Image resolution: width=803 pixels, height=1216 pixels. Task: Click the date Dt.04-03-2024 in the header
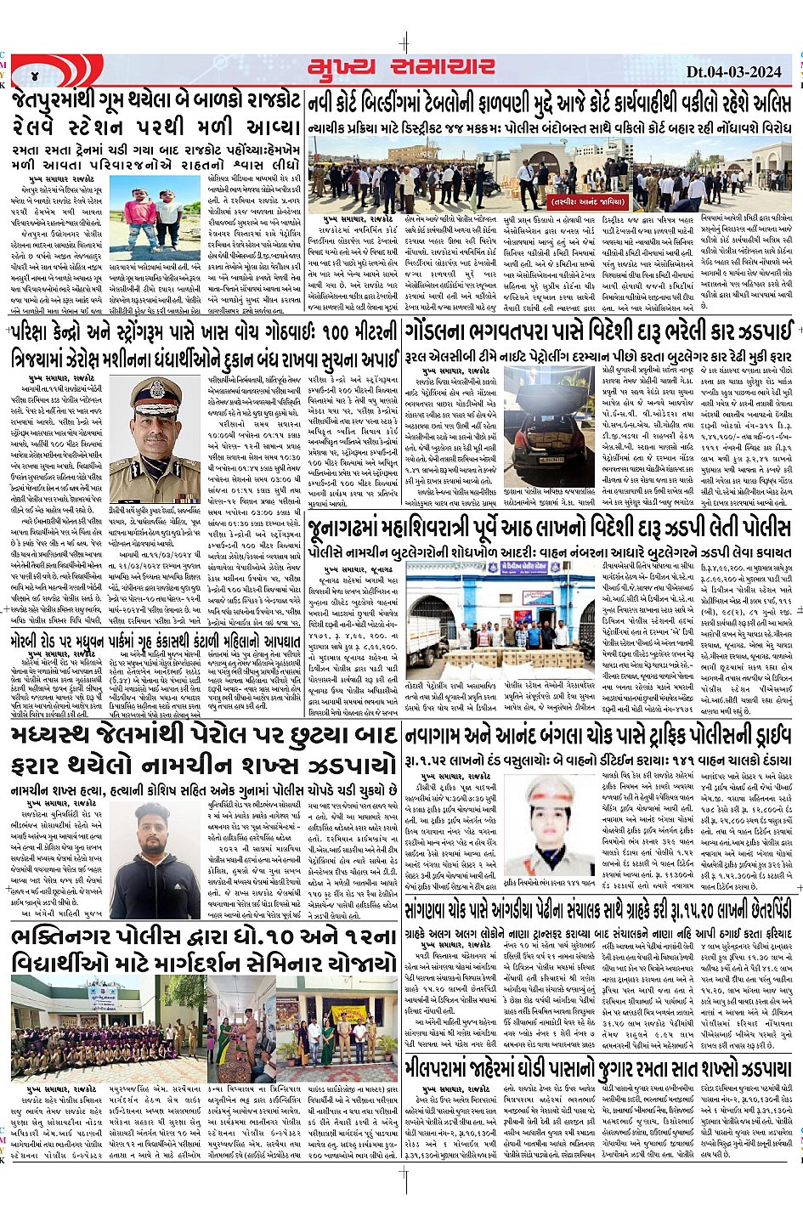(x=733, y=71)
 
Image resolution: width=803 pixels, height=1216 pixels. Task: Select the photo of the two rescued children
(x=156, y=218)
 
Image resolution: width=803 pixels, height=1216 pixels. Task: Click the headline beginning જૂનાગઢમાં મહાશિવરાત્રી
(x=548, y=528)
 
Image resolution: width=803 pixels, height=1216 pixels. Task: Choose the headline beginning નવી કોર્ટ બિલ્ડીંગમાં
(x=548, y=103)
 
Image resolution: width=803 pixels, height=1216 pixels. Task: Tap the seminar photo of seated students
(x=64, y=1024)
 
